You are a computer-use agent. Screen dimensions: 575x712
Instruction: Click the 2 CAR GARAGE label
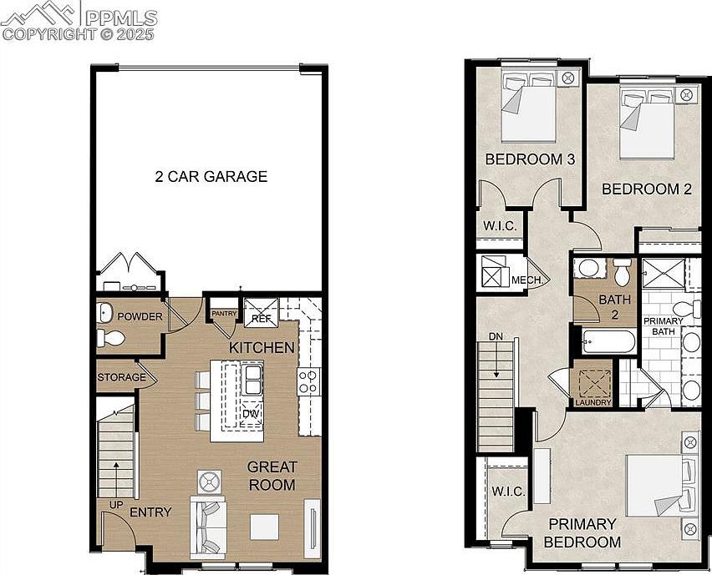click(211, 176)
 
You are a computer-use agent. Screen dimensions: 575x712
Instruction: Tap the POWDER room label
click(139, 316)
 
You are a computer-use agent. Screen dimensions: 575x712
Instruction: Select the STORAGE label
click(121, 377)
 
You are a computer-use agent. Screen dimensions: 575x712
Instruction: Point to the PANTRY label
click(223, 314)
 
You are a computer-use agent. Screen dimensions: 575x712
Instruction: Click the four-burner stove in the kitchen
click(308, 381)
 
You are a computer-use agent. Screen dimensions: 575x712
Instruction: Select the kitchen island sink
click(252, 380)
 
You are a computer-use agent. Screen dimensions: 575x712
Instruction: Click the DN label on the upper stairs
click(496, 336)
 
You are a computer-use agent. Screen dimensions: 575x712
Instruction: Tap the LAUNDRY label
click(592, 402)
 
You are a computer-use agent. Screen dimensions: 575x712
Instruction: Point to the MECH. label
click(527, 280)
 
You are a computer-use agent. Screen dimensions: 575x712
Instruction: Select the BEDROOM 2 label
click(647, 189)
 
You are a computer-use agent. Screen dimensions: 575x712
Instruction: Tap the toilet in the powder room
click(110, 338)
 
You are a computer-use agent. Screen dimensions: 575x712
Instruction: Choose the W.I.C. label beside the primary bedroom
click(508, 492)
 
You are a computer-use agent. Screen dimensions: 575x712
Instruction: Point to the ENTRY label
click(151, 512)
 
